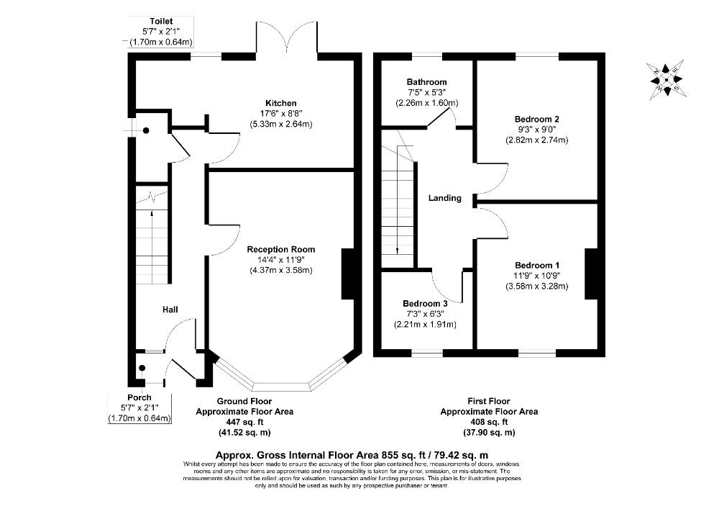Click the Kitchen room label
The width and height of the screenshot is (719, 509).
point(281,103)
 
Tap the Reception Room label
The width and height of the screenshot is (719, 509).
point(281,250)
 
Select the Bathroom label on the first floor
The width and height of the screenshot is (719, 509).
point(426,82)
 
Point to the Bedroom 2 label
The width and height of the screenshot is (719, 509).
point(537,120)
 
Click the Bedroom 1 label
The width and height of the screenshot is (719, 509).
point(537,265)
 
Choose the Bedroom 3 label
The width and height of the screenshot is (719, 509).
point(425,304)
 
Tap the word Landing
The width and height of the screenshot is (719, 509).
point(445,198)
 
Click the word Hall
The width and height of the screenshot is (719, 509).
point(170,310)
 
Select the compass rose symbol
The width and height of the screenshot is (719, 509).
point(667,80)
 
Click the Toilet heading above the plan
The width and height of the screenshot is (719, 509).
point(161,21)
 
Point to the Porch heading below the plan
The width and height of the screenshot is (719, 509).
point(139,397)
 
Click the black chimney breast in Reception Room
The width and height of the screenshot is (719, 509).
point(349,274)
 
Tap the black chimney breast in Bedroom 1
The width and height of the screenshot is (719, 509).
point(592,274)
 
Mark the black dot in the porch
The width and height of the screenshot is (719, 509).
point(142,368)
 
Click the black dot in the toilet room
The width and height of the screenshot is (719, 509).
point(146,131)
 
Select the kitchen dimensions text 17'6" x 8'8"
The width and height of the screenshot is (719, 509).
point(281,113)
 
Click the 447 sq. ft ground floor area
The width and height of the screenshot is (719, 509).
point(245,423)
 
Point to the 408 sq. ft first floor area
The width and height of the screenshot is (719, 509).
point(489,423)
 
